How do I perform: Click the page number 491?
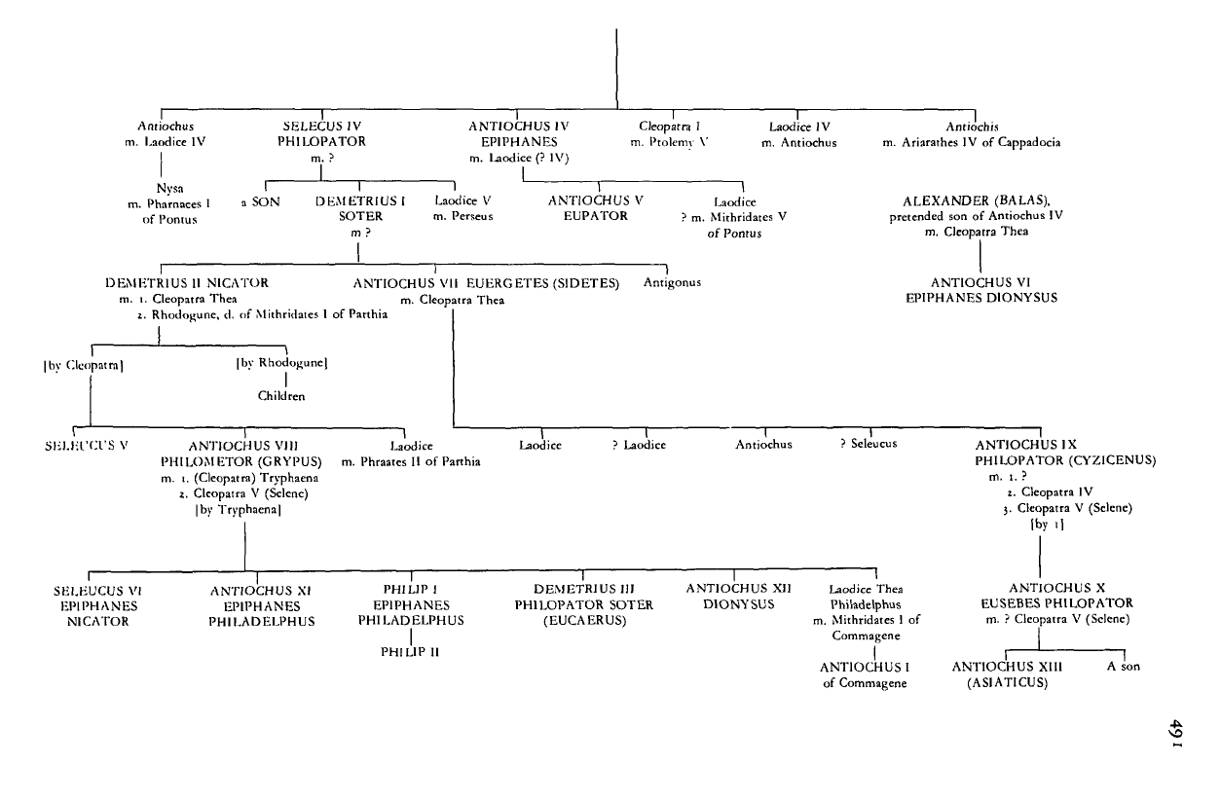(x=1176, y=734)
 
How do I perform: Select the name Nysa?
(x=170, y=189)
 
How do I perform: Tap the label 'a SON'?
(x=261, y=202)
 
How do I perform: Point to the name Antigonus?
(x=672, y=283)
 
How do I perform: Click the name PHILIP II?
(x=410, y=652)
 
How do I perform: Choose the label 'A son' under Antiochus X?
(x=1124, y=666)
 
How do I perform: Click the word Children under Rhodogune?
(x=281, y=396)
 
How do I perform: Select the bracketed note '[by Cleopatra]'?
(x=84, y=366)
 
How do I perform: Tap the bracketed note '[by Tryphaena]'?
(x=239, y=510)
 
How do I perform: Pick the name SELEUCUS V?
(x=86, y=446)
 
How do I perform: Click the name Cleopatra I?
(x=669, y=127)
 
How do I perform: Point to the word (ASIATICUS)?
(x=1008, y=683)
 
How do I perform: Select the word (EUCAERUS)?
(x=585, y=621)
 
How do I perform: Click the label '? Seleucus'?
(x=869, y=444)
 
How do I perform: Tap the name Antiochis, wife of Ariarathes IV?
(x=972, y=127)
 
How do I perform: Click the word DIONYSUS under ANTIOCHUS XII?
(x=739, y=604)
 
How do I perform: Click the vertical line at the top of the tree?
(x=616, y=69)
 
